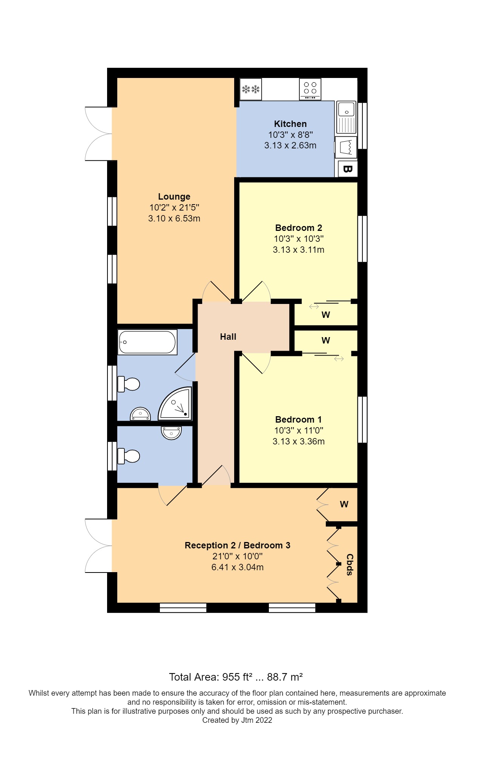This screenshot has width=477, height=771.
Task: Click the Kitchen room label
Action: point(290,124)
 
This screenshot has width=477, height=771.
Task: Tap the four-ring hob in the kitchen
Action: point(310,89)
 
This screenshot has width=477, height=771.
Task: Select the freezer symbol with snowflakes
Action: point(251,89)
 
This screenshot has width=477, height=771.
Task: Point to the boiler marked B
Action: point(347,169)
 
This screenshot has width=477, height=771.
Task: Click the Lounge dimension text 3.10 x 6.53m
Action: point(174,218)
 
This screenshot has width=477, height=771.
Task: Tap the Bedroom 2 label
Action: point(298,228)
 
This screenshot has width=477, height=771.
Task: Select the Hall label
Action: point(228,337)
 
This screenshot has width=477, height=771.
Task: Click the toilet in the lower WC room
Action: point(129,456)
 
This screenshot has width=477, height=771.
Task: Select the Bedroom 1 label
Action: point(298,420)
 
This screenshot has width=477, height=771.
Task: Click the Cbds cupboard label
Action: point(350,564)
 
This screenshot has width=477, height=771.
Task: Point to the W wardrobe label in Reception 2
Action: point(344,504)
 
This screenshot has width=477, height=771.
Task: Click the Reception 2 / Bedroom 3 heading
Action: point(237,545)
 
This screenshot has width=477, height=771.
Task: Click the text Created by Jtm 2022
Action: point(237,720)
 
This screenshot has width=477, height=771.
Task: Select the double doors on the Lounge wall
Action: point(98,134)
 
